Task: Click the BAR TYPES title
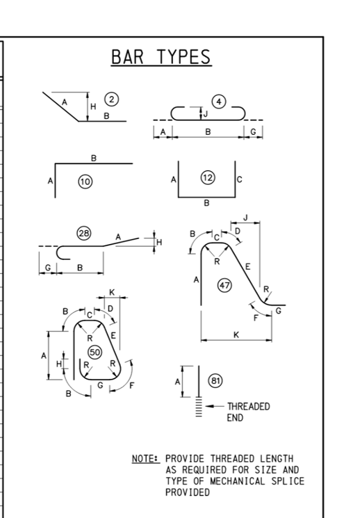point(161,57)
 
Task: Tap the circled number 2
point(112,99)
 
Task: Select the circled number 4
point(219,102)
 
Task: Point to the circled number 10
point(85,181)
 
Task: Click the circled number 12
point(208,178)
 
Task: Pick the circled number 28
point(84,233)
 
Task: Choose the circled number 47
point(224,285)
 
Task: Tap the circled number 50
point(95,352)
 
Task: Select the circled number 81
point(215,381)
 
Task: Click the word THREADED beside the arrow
point(248,406)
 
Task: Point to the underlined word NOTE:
point(146,459)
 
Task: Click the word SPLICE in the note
point(288,481)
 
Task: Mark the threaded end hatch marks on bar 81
point(199,407)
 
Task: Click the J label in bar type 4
point(206,114)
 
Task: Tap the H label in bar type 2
point(93,106)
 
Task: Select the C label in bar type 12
point(240,179)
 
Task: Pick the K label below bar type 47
point(236,334)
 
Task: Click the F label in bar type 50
point(132,385)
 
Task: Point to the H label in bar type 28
point(159,242)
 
